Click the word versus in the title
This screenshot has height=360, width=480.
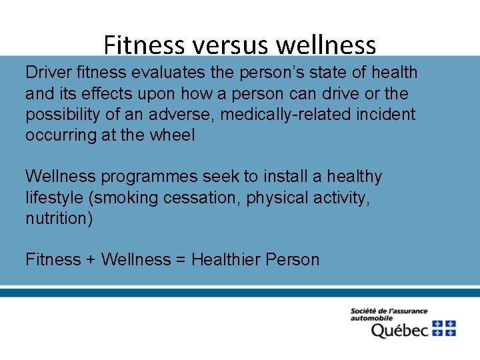click(231, 45)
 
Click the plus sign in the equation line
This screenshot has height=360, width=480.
click(90, 260)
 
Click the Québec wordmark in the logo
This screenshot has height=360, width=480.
click(399, 330)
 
